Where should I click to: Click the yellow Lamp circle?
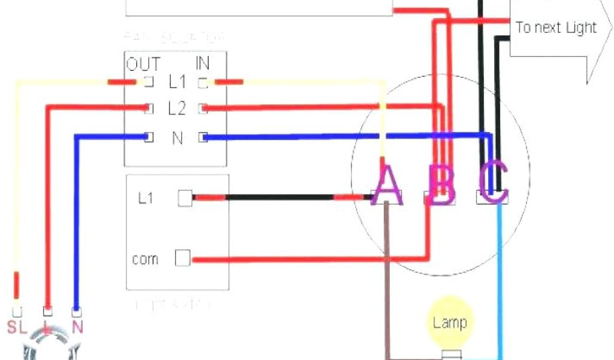pyautogui.click(x=450, y=323)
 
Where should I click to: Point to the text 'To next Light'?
pyautogui.click(x=556, y=28)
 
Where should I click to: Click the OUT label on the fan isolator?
pyautogui.click(x=143, y=64)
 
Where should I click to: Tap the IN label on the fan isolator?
pyautogui.click(x=203, y=62)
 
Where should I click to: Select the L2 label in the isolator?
pyautogui.click(x=177, y=109)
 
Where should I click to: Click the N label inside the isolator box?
pyautogui.click(x=177, y=138)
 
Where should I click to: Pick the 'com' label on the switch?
pyautogui.click(x=145, y=259)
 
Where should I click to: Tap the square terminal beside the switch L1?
pyautogui.click(x=185, y=198)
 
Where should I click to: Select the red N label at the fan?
pyautogui.click(x=77, y=327)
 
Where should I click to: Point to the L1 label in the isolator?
pyautogui.click(x=177, y=81)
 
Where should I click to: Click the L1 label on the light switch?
pyautogui.click(x=146, y=198)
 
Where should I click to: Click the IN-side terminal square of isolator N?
pyautogui.click(x=203, y=137)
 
